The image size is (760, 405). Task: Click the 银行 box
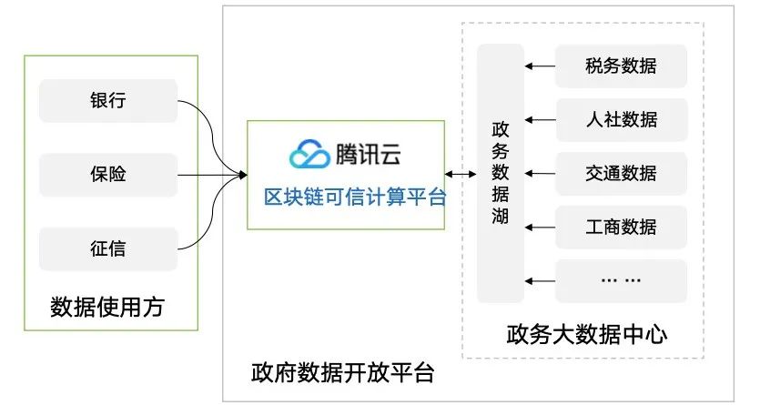coord(107,101)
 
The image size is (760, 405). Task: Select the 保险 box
coord(107,173)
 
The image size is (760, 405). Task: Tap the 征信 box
coord(107,246)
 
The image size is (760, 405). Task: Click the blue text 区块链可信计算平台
coord(355,196)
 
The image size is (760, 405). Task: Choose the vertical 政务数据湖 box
coord(501,173)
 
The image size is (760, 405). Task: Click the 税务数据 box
coord(621,66)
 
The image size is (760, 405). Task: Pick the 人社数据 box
coord(621,118)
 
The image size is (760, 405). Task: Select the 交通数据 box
coord(621,172)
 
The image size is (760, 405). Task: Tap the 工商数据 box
coord(621,226)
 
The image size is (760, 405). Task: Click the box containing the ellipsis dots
coord(621,279)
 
